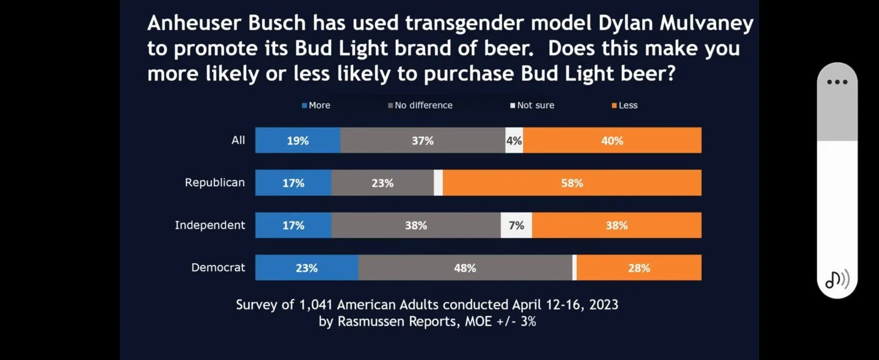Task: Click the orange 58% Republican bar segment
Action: [x=572, y=183]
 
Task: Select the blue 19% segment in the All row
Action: [x=298, y=141]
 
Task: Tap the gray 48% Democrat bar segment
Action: [x=465, y=268]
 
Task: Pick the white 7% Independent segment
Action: [x=516, y=225]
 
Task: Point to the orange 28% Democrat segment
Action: [x=639, y=268]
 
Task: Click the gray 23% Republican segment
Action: [x=382, y=183]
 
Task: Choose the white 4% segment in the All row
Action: [x=514, y=141]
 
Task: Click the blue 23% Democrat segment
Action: [x=307, y=268]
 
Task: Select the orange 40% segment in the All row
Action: [x=612, y=141]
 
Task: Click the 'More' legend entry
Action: [x=316, y=106]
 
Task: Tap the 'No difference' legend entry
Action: [x=421, y=106]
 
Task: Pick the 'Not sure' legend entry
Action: [x=533, y=106]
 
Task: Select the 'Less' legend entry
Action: [x=625, y=106]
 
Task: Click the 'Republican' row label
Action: [x=215, y=182]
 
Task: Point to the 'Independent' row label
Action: [x=210, y=225]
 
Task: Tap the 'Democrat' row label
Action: [x=218, y=268]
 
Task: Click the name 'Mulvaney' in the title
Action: [x=706, y=23]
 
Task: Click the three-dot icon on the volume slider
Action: [x=837, y=82]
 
